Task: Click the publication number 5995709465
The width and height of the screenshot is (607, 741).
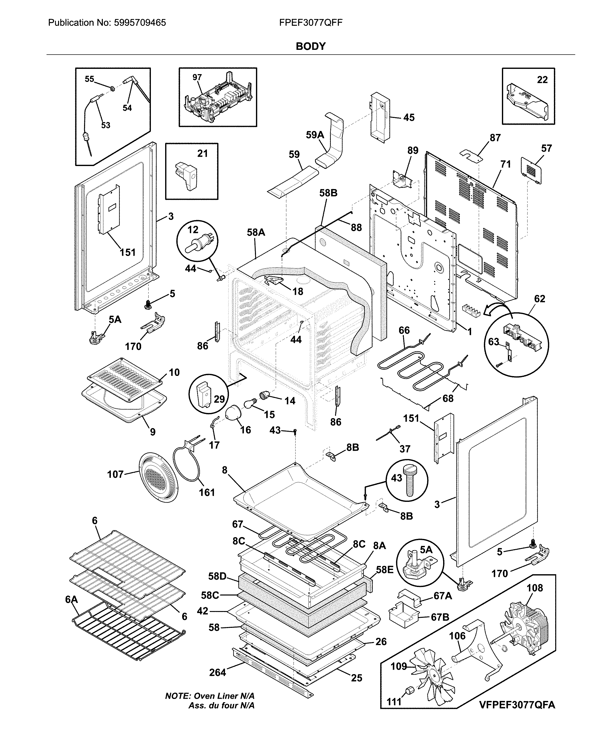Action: tap(139, 23)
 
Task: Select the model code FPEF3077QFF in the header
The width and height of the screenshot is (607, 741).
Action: tap(311, 23)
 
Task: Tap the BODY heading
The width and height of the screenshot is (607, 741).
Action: tap(311, 46)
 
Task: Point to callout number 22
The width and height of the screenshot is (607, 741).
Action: tap(542, 80)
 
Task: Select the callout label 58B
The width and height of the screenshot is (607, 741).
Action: tap(328, 193)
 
